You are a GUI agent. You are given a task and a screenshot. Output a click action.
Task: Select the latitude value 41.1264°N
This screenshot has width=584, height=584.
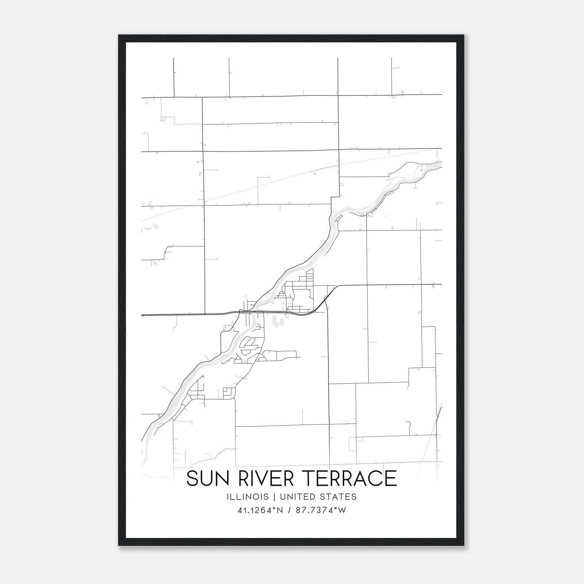click(x=260, y=510)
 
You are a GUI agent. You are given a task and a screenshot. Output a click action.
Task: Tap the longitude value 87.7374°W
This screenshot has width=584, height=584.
click(x=321, y=510)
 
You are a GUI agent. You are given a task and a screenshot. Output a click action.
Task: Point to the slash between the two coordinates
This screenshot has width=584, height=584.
click(x=290, y=510)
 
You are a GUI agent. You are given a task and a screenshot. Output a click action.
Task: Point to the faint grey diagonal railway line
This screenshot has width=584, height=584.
click(x=255, y=186)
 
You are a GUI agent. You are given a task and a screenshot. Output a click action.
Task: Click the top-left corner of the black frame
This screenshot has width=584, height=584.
click(x=119, y=35)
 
